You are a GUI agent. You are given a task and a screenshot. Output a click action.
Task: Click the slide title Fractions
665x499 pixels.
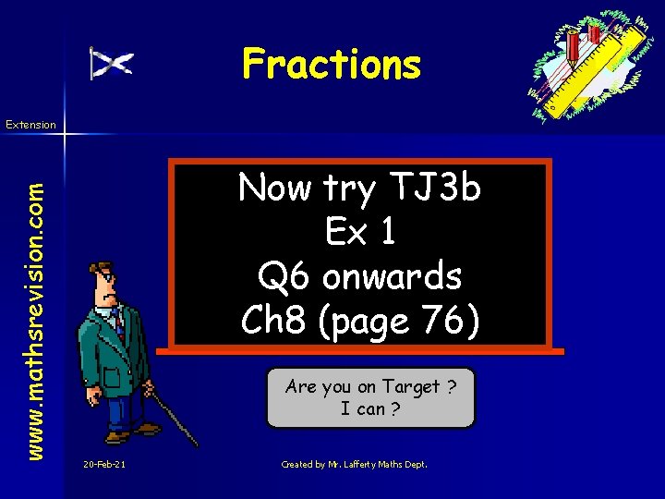(331, 65)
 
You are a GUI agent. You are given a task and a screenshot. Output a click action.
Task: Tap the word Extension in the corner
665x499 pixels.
(30, 124)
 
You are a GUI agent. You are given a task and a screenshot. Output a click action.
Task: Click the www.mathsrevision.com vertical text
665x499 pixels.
(35, 293)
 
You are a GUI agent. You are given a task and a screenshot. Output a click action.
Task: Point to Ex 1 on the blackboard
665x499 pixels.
(360, 233)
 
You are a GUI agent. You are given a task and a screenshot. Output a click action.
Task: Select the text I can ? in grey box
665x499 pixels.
(370, 408)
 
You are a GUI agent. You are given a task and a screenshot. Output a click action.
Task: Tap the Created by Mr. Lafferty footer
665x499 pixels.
(354, 464)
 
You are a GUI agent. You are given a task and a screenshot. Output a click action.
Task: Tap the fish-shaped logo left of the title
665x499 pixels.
(111, 63)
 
